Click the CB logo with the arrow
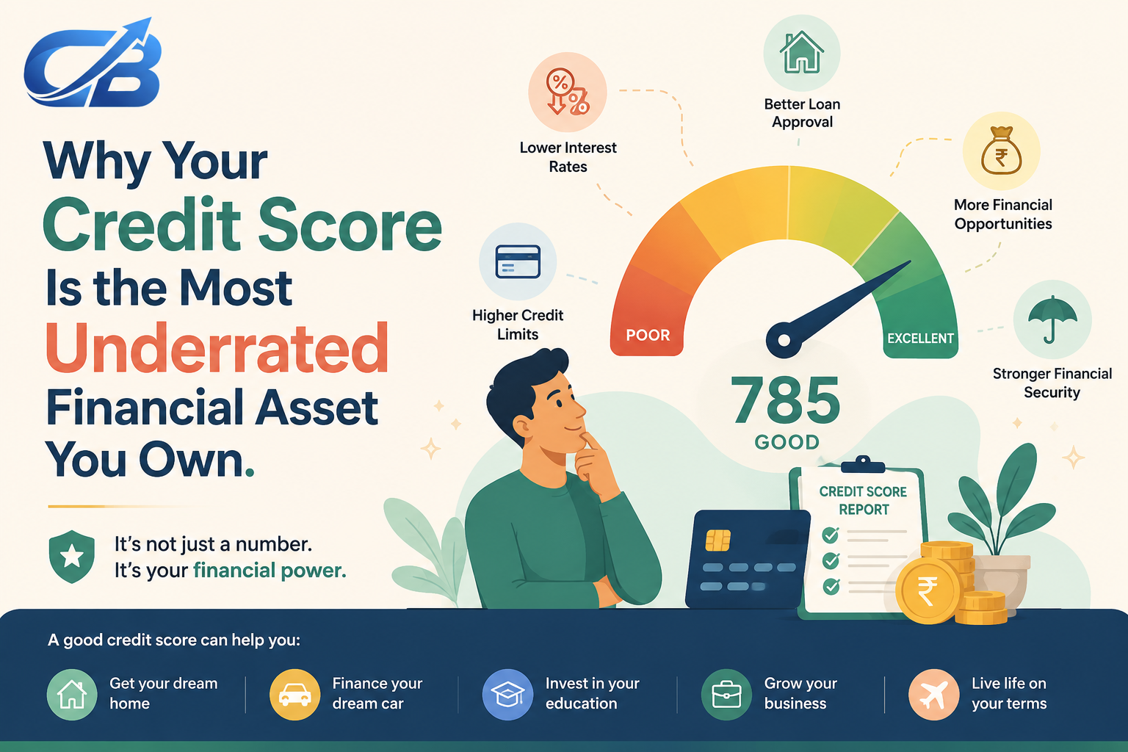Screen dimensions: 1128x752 [x=93, y=63]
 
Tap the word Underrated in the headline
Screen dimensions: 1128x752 [x=217, y=348]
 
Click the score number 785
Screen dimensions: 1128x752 [x=786, y=400]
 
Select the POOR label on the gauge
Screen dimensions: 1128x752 [x=648, y=335]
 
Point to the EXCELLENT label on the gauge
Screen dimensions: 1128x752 [x=920, y=338]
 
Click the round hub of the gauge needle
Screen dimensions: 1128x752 [x=784, y=340]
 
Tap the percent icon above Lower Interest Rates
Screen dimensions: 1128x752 [x=568, y=92]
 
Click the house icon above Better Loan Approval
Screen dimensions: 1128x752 [x=802, y=52]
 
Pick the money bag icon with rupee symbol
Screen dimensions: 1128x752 [x=1001, y=151]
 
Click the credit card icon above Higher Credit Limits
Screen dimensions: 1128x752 [x=518, y=261]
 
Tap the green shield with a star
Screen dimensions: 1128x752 [x=72, y=557]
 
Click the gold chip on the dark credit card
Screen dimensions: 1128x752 [x=717, y=540]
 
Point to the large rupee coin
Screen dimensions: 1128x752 [x=928, y=591]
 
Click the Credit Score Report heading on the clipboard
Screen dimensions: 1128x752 [x=863, y=500]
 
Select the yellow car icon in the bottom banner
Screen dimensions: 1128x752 [x=294, y=695]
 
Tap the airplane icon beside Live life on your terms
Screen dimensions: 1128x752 [x=933, y=695]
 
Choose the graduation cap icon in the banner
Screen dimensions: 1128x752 [x=507, y=695]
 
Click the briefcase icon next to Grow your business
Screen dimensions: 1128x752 [x=726, y=695]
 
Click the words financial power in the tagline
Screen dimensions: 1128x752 [x=270, y=571]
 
